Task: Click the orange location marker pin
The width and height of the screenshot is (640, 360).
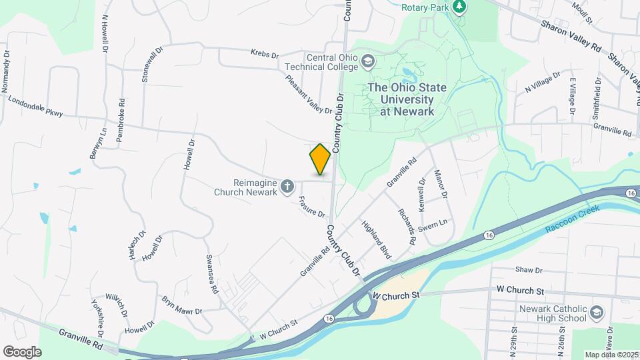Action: click(x=320, y=159)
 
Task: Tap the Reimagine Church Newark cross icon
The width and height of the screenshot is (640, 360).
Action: click(x=287, y=186)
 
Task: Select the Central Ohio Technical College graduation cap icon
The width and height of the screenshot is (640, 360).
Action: click(x=367, y=62)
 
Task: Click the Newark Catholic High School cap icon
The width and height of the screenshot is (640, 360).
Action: click(x=596, y=313)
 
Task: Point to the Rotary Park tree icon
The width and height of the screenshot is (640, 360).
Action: click(x=459, y=7)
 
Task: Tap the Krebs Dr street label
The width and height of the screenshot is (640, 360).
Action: click(x=264, y=53)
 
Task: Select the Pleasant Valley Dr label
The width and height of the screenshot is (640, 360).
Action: click(x=308, y=94)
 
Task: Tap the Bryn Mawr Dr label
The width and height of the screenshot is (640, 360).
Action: click(x=181, y=305)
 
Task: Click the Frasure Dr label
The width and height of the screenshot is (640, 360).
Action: click(x=311, y=207)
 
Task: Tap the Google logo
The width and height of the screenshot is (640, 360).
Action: click(x=22, y=351)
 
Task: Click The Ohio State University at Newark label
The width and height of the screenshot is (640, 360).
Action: click(x=401, y=99)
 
